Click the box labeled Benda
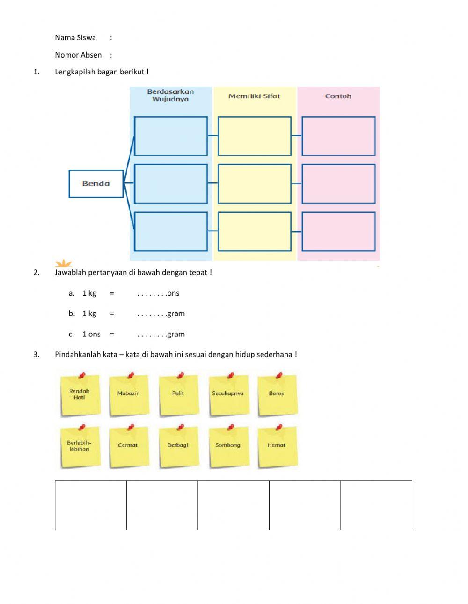(96, 183)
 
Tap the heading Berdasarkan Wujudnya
(170, 95)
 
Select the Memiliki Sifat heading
(254, 96)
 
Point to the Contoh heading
(338, 96)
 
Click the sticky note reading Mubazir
(128, 395)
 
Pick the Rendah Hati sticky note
(80, 395)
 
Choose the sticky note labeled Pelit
(178, 395)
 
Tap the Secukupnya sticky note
(228, 395)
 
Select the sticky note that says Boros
(277, 395)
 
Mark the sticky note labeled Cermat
(128, 446)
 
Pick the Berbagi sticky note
(178, 446)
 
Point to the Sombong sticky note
(228, 446)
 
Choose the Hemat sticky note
(277, 446)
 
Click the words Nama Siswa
(75, 38)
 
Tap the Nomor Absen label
(78, 55)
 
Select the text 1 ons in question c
(91, 335)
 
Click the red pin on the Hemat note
(279, 427)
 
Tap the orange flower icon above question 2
(63, 263)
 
